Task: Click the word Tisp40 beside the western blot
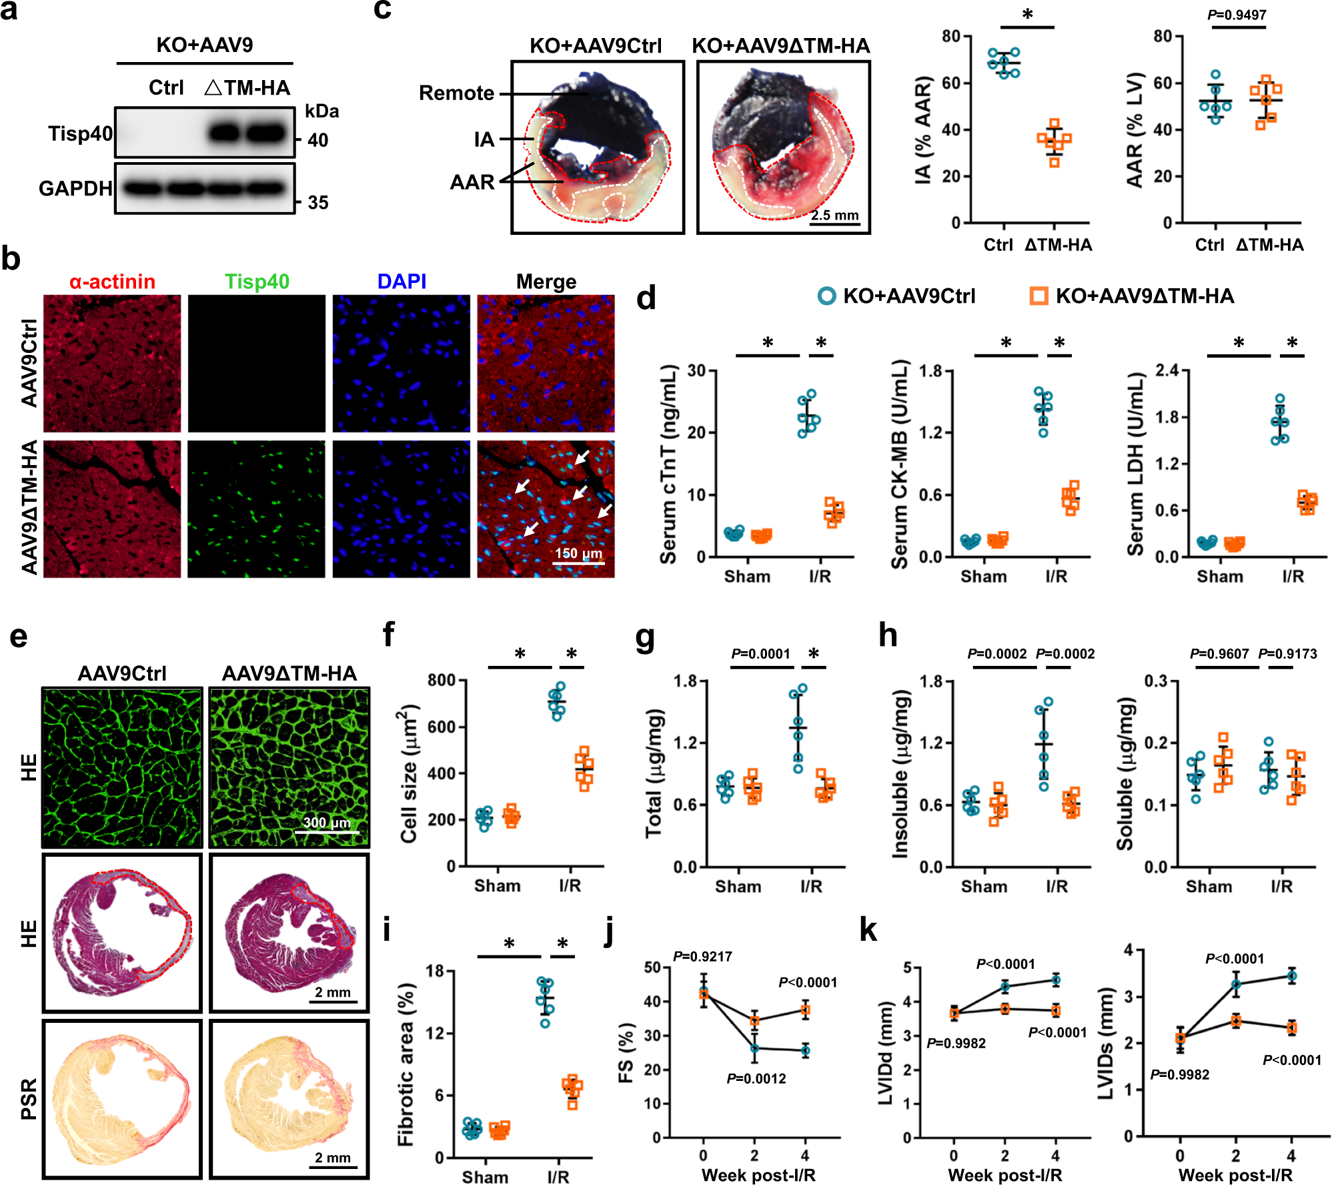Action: (x=80, y=133)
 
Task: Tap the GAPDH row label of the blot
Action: (x=75, y=189)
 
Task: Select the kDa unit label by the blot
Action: (x=322, y=111)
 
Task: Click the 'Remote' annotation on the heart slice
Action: (x=456, y=93)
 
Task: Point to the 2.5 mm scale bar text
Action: (x=834, y=215)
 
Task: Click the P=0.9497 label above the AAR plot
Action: (x=1237, y=15)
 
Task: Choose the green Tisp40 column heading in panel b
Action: (x=257, y=282)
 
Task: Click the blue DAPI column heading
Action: (x=402, y=282)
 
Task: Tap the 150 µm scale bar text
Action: (x=578, y=553)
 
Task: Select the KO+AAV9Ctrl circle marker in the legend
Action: (x=826, y=296)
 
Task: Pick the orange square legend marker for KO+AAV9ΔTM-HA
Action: (x=1039, y=296)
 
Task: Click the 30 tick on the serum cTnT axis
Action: (x=696, y=370)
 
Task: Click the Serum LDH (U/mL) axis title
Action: (x=1136, y=464)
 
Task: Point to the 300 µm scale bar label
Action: (x=327, y=822)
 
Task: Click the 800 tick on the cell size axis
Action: (x=442, y=681)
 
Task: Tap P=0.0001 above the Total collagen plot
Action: (x=760, y=654)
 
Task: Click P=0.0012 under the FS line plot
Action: (x=756, y=1079)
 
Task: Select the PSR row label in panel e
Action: (x=28, y=1099)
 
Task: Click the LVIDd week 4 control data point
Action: (x=1056, y=980)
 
